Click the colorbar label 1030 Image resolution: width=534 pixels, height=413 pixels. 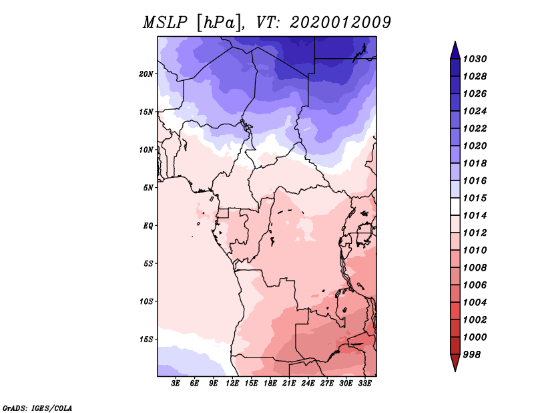tap(475, 59)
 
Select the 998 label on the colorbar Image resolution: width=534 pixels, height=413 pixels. tap(472, 355)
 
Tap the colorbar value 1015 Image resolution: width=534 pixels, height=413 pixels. tap(475, 198)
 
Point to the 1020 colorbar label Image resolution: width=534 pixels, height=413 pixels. tap(475, 146)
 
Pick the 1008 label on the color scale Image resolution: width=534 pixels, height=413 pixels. tap(475, 268)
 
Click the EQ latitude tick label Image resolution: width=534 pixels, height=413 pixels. tap(148, 226)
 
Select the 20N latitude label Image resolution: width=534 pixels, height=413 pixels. tap(146, 74)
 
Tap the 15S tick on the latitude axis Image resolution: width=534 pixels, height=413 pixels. tap(146, 339)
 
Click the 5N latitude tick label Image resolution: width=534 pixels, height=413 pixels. tap(148, 188)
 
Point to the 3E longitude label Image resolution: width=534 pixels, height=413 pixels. tap(176, 384)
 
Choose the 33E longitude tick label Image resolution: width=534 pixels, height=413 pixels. tap(364, 384)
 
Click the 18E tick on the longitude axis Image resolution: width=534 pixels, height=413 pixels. tap(270, 384)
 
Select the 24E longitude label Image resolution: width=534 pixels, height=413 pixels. tap(308, 384)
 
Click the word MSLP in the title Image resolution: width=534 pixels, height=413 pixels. tap(165, 23)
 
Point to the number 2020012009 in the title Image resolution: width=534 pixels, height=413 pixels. tap(340, 23)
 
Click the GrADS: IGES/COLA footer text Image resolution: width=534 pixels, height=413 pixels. tap(37, 408)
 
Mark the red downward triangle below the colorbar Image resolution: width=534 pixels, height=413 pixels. tap(455, 362)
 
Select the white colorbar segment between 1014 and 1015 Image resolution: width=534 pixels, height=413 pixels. tap(455, 206)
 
